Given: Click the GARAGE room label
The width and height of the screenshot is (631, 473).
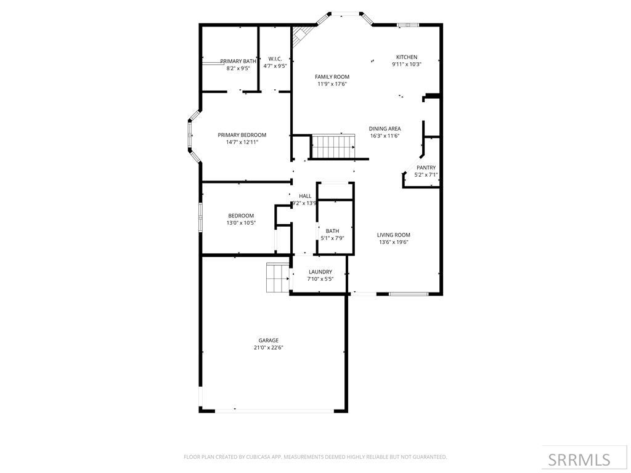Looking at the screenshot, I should point(268,340).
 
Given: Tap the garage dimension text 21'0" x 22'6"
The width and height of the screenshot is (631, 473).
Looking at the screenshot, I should point(268,347).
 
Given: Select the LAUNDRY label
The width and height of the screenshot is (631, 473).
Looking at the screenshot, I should point(320,272).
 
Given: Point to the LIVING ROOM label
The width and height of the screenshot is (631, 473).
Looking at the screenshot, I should point(394,235).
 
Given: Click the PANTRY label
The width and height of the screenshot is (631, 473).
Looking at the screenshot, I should point(426,168).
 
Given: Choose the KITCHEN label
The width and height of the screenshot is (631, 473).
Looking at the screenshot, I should point(407,57).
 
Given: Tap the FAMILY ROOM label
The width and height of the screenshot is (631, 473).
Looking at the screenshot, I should point(332,76).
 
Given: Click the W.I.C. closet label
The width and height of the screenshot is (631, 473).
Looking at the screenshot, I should point(275,59).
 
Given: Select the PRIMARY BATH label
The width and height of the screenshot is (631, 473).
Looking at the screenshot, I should point(238,61).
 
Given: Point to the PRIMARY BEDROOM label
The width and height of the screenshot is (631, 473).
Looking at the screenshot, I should point(242,135).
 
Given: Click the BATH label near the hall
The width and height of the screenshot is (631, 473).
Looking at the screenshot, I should point(332,231).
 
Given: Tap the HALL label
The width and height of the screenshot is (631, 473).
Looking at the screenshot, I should point(305,196).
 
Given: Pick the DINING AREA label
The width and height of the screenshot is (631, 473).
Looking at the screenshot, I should point(385,129).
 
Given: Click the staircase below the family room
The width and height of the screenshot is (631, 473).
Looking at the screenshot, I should point(333,147).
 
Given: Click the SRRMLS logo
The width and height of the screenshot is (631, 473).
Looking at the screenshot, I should point(579,459).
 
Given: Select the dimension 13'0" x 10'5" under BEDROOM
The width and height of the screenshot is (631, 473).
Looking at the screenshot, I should point(242,223).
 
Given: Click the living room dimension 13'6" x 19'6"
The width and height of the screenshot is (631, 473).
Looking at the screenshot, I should point(394,242).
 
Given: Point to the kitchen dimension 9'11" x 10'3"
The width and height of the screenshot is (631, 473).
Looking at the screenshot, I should point(407,64).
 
